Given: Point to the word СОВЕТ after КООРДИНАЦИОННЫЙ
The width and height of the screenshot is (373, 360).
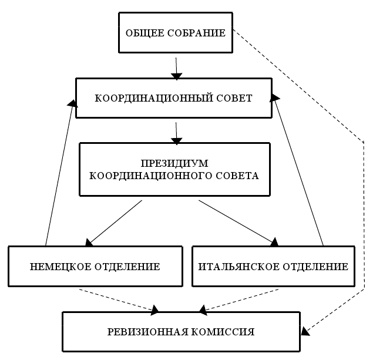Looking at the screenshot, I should [x=235, y=99].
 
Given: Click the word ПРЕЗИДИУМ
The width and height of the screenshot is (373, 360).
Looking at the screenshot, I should [x=174, y=163].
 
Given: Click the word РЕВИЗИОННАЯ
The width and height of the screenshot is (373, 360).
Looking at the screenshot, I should [x=143, y=332].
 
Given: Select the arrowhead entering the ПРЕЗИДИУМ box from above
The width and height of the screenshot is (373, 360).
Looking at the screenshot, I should [x=176, y=140].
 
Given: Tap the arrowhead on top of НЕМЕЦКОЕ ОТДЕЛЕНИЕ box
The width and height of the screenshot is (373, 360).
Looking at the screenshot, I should [x=89, y=241].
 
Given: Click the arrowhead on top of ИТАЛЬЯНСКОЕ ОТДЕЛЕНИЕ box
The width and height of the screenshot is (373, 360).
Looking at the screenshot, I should [x=273, y=241].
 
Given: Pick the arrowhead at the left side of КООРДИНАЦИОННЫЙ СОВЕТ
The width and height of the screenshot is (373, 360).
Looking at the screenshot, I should [x=72, y=103].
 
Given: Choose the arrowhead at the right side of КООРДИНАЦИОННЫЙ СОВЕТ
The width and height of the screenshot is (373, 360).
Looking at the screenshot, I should [x=275, y=98].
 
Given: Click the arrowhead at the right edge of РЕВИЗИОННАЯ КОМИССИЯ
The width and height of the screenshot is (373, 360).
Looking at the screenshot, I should [x=304, y=331].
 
